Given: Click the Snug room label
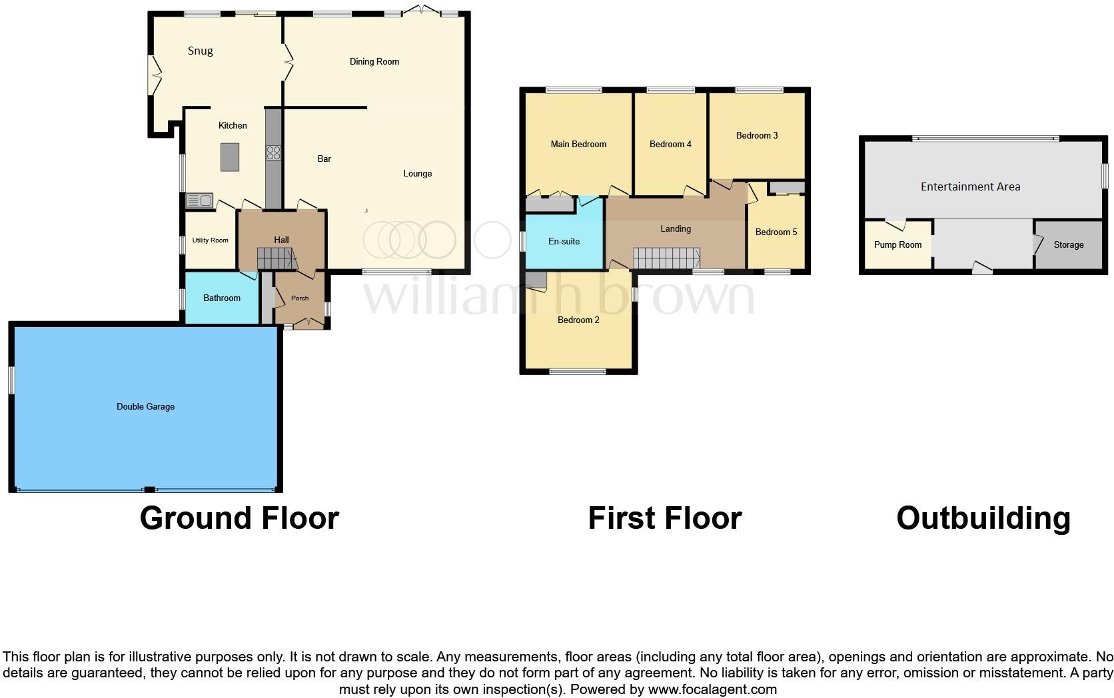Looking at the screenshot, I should pos(200,51).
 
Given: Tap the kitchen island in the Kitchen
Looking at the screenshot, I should pos(230,157).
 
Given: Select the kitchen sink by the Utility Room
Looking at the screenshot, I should pos(199,200).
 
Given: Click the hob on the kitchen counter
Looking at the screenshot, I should pos(273,153).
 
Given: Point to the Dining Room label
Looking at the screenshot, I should pos(374,61).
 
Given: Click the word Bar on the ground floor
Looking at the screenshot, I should pos(324,159).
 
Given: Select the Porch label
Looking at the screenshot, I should pos(300,298).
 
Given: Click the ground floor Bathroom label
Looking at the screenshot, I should pos(222,298).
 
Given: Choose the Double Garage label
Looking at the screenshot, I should pos(145,406).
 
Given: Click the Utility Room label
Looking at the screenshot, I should pos(210,240).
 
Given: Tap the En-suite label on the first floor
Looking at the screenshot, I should pos(564,241).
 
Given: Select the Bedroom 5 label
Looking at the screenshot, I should pos(776,232).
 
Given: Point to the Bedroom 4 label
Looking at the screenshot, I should pos(670,144).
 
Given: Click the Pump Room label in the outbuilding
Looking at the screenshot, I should pos(897,244).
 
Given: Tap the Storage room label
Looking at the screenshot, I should pos(1068,244).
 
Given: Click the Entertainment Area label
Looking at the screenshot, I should pos(970,186).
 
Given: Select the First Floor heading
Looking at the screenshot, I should pos(664,518).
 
